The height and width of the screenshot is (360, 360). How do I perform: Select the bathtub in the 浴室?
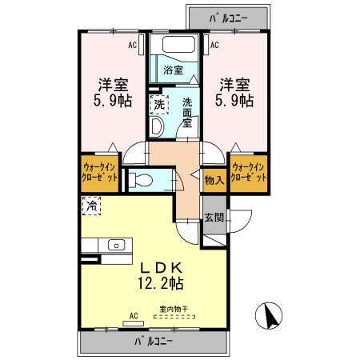click(x=178, y=44)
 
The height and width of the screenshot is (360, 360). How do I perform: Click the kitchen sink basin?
click(x=116, y=245)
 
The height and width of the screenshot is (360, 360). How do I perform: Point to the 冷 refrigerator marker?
click(x=91, y=206)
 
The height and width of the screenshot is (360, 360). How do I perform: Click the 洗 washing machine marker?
click(x=159, y=104)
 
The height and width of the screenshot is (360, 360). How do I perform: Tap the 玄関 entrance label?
click(x=214, y=218)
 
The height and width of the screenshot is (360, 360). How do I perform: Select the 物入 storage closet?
click(x=214, y=181)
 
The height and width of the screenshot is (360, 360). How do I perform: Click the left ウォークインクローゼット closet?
click(x=100, y=174)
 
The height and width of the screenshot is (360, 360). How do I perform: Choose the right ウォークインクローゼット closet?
click(x=249, y=174)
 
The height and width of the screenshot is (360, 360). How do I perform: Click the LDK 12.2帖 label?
click(x=161, y=276)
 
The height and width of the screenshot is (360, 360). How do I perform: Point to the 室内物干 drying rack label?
click(x=174, y=310)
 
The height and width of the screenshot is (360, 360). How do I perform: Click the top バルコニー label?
click(x=229, y=18)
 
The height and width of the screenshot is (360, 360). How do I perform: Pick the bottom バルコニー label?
click(x=154, y=341)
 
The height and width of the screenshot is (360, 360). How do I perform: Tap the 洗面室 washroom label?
click(x=187, y=113)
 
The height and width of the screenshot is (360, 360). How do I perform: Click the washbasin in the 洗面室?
click(x=156, y=127)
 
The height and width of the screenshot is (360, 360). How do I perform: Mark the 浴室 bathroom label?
click(x=174, y=70)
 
